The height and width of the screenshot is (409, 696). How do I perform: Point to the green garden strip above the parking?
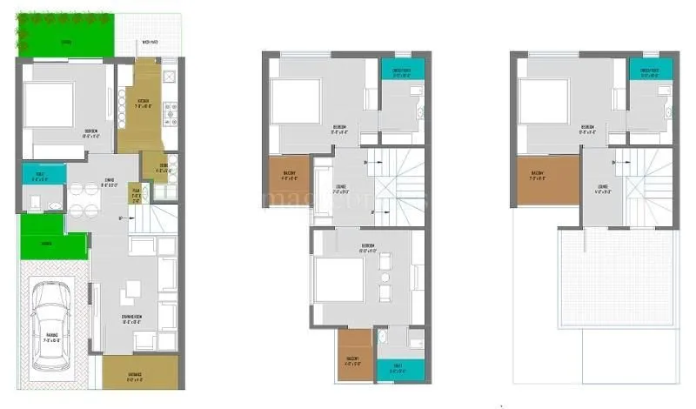pos(50,245)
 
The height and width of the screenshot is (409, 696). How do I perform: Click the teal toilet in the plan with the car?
pos(37,172)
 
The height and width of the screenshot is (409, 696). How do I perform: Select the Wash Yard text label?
pos(150,43)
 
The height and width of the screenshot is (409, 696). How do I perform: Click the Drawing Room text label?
pos(131,319)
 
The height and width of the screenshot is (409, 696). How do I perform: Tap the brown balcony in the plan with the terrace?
pos(546,180)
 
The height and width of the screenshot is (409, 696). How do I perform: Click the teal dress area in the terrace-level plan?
pos(649,70)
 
